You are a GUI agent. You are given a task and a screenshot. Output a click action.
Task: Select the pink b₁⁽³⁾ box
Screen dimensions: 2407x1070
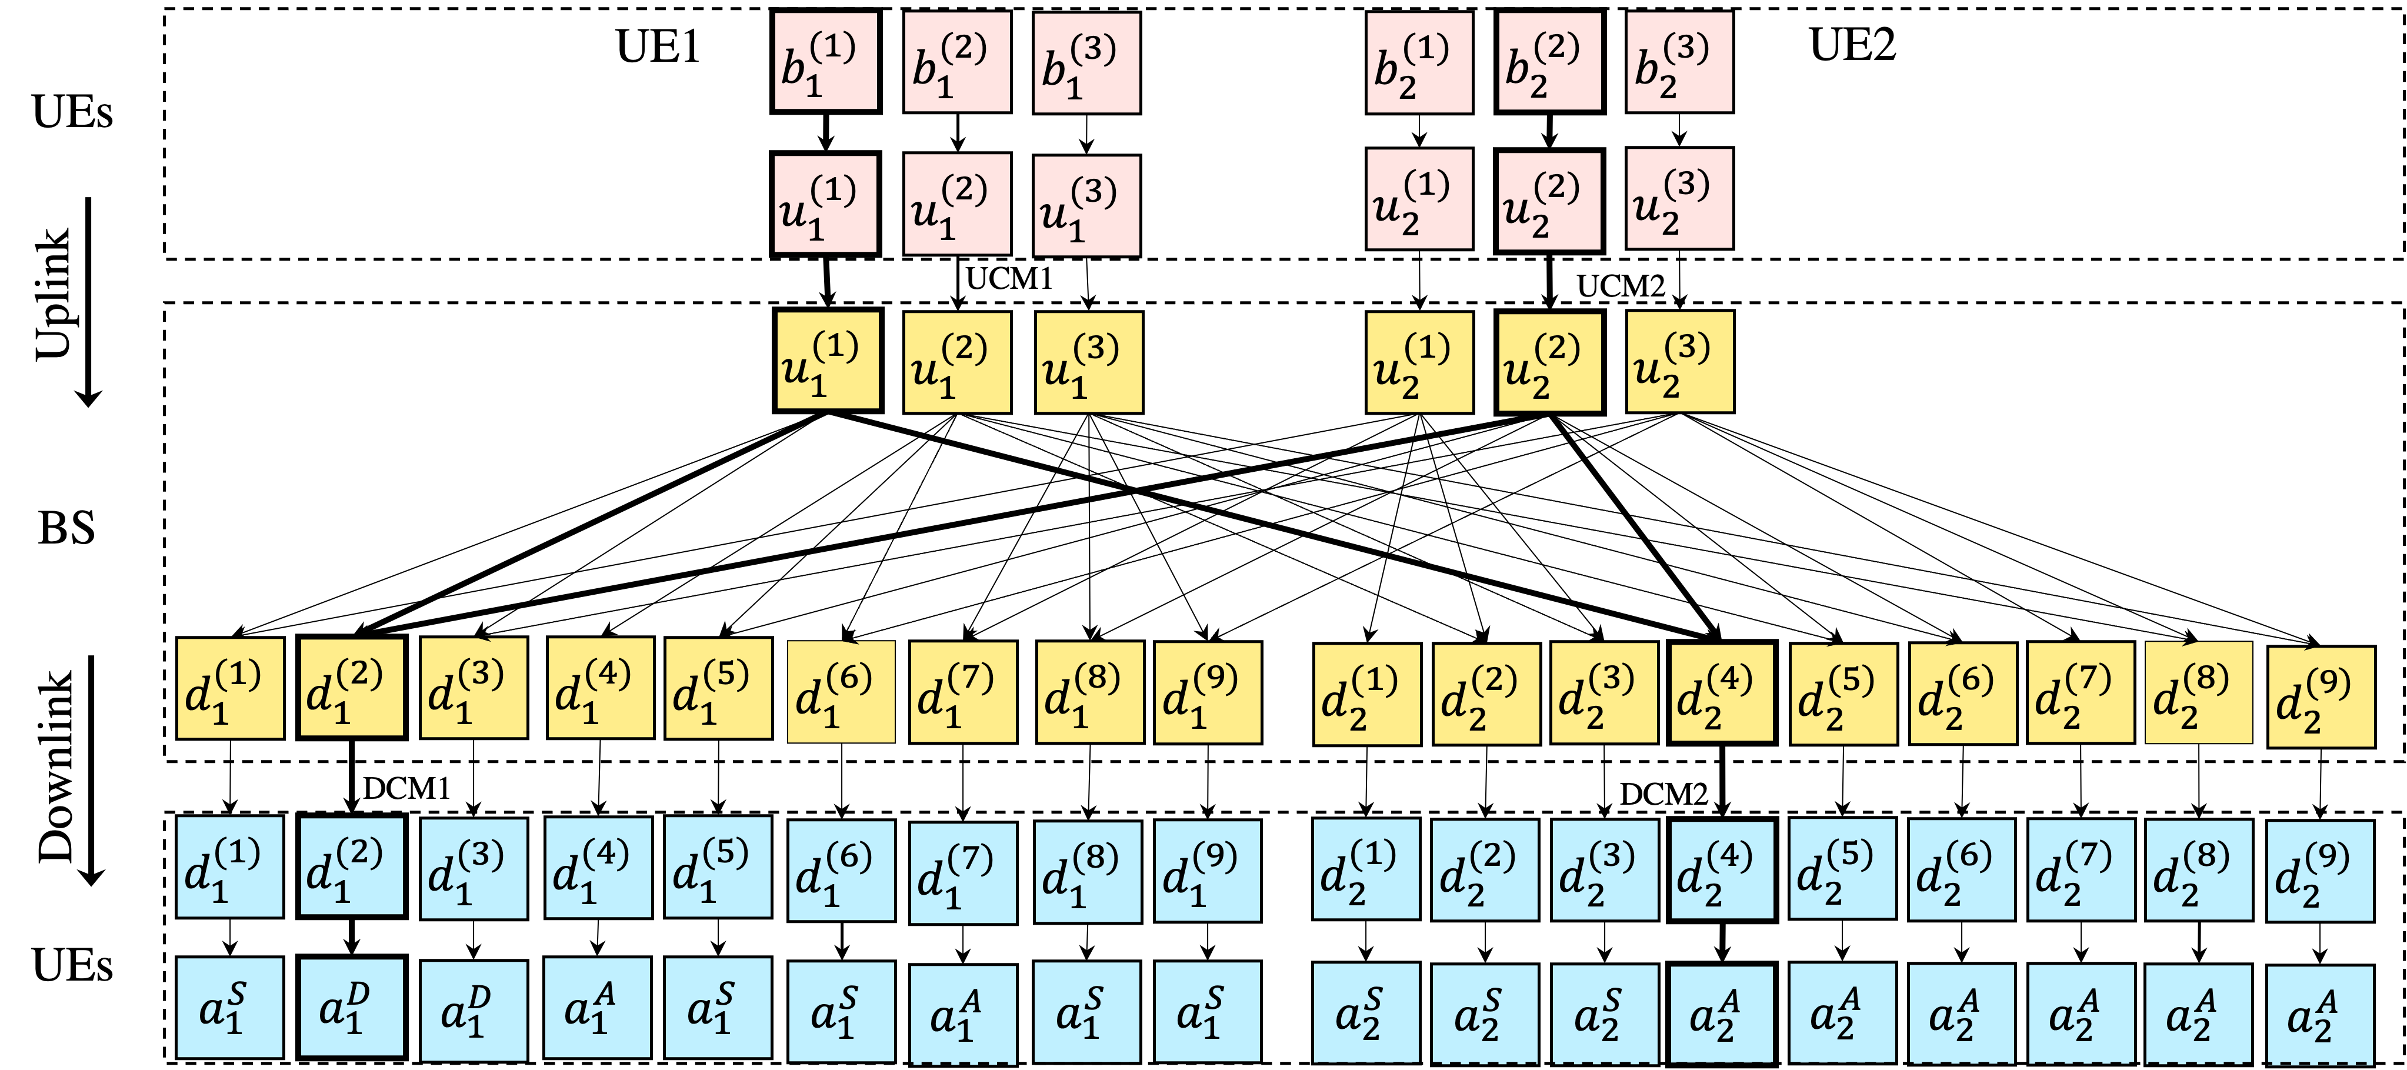click(1086, 62)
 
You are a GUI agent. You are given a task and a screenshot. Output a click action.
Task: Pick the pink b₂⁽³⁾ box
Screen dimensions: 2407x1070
click(1679, 62)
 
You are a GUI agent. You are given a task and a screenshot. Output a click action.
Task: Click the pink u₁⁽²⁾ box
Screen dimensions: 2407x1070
click(957, 204)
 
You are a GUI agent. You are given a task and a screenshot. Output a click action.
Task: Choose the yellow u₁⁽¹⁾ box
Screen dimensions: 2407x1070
click(827, 361)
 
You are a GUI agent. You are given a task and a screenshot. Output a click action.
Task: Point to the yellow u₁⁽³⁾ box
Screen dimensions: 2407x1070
click(1089, 362)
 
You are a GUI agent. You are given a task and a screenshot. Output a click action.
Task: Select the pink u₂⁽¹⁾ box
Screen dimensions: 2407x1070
click(1418, 199)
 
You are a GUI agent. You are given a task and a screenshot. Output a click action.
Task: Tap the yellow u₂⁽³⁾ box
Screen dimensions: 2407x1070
click(1679, 362)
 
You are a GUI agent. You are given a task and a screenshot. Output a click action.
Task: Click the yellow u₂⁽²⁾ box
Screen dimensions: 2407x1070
click(1549, 362)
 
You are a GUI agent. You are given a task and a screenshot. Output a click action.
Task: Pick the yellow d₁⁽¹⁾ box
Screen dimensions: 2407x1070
click(230, 689)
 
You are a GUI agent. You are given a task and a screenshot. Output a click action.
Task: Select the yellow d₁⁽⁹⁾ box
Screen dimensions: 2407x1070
click(1207, 692)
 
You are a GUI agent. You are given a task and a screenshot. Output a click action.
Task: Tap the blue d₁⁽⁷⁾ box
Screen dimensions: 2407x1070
click(962, 873)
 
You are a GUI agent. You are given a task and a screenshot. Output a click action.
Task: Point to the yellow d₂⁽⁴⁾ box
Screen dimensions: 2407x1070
click(1721, 692)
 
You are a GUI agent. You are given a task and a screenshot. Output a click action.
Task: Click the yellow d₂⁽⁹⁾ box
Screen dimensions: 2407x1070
click(2321, 697)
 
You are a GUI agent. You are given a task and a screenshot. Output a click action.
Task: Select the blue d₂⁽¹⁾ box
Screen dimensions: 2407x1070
click(1365, 869)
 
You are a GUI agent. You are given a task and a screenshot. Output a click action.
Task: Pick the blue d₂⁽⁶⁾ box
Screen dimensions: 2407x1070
click(1961, 870)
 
